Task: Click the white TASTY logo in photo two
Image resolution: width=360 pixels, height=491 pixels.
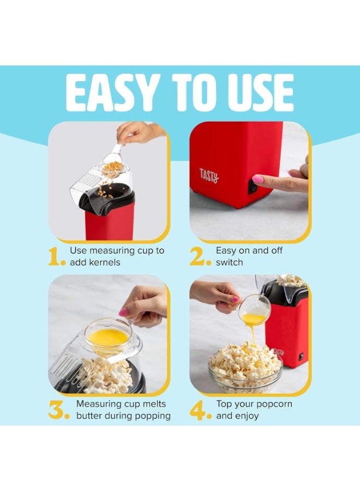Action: coord(209,176)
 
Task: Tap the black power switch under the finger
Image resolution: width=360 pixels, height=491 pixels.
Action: coord(253,185)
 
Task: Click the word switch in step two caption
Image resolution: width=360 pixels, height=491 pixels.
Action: coord(230,263)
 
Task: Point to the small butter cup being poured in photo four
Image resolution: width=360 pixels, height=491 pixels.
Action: coord(254,309)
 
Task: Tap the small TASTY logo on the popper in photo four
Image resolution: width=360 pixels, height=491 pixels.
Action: coord(278,352)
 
